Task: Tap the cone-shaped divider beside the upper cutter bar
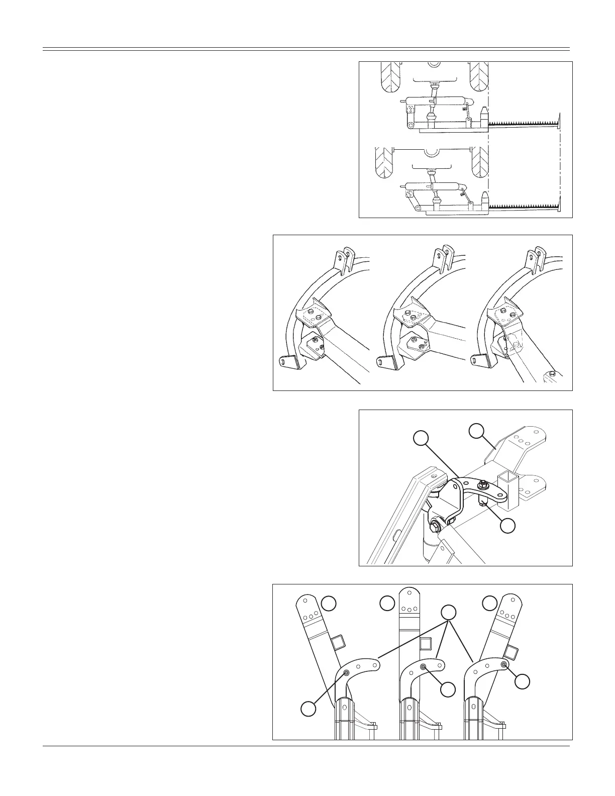(x=483, y=117)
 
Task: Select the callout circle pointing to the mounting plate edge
(x=476, y=431)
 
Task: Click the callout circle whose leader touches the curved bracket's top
(x=421, y=438)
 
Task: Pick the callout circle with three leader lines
(x=448, y=612)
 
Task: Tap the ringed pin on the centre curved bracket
(x=424, y=666)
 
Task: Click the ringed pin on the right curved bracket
(x=504, y=664)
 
